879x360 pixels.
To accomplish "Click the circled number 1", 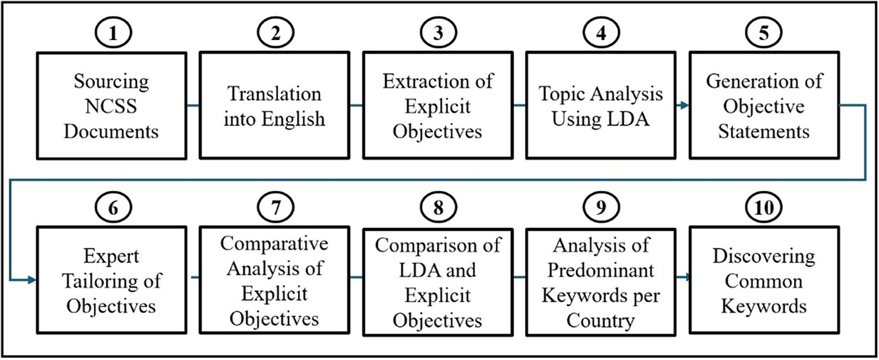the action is point(113,33).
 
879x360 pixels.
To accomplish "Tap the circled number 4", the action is point(601,33).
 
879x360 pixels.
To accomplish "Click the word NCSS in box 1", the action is point(111,106).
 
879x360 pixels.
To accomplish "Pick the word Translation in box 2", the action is point(274,94).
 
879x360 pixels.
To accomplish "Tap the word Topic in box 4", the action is point(562,95).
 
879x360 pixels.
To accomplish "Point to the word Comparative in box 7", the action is point(274,244).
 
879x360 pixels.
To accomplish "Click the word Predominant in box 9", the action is point(601,270).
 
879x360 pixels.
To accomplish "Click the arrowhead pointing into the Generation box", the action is point(685,105).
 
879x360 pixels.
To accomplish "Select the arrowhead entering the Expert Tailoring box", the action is point(32,280).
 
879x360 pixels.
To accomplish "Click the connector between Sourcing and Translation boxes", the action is point(193,105).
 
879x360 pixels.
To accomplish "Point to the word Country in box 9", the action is point(600,321).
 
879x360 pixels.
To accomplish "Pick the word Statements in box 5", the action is point(764,131).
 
